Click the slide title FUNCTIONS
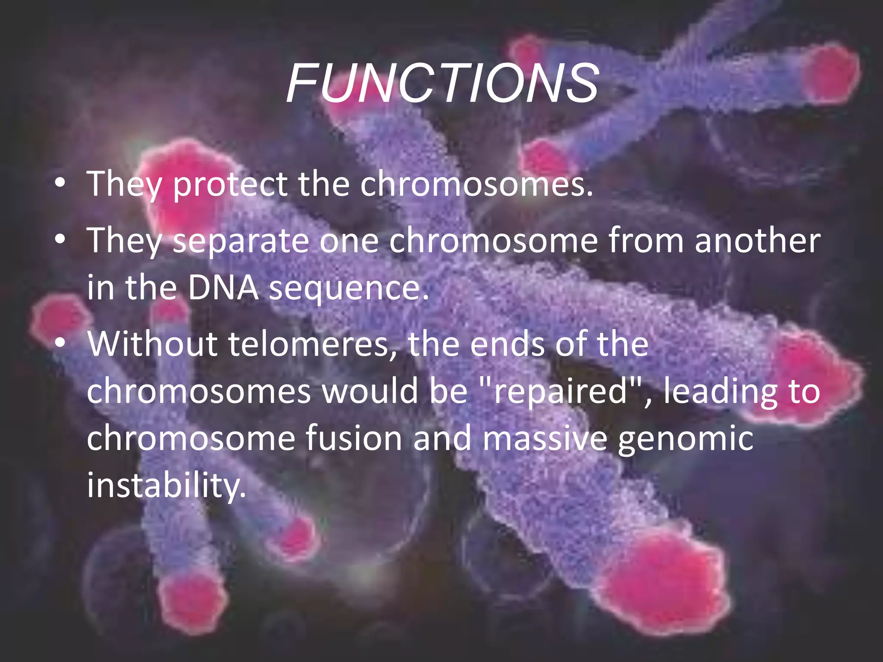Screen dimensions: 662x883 [x=442, y=83]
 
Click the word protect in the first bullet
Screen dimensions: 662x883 [x=230, y=184]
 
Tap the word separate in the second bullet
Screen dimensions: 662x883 [x=241, y=241]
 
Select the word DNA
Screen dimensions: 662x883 [x=223, y=287]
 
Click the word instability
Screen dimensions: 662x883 [x=166, y=485]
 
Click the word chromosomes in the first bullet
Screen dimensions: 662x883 [x=476, y=184]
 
